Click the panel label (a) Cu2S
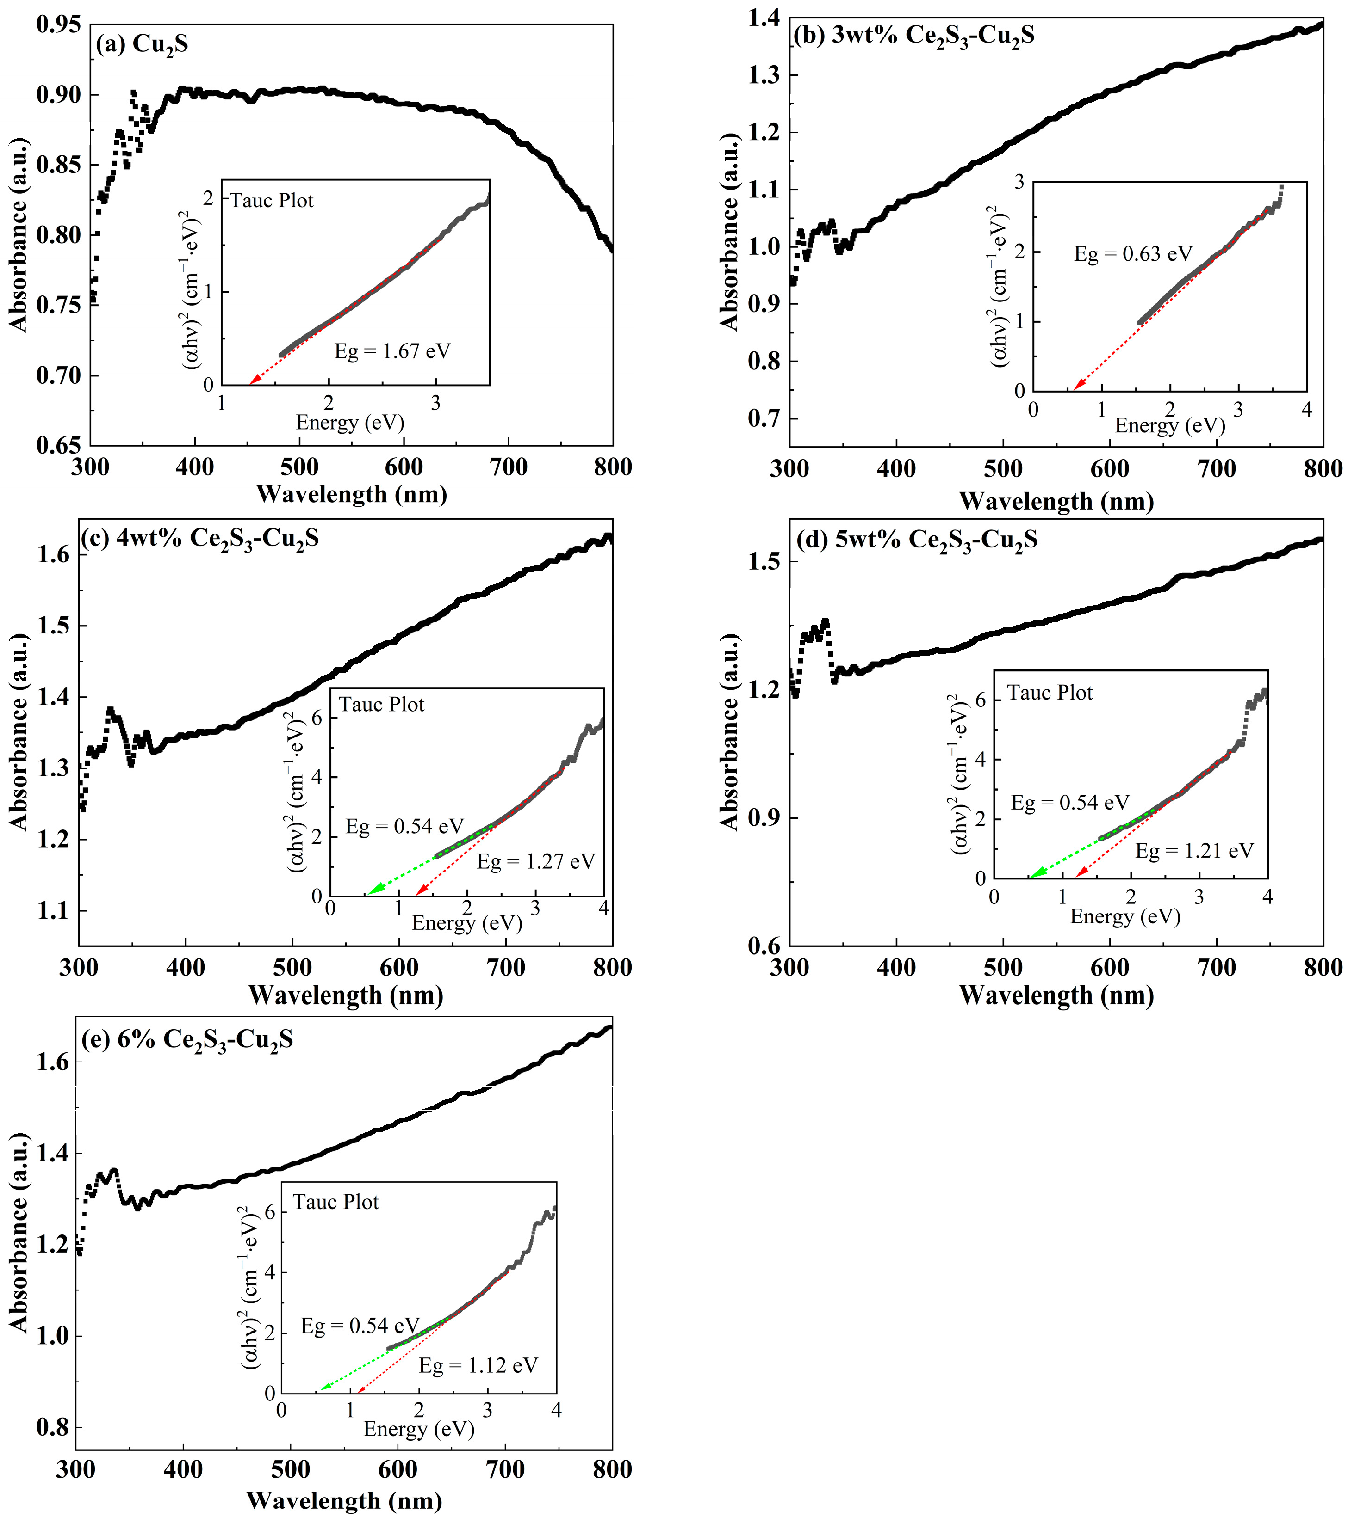(142, 45)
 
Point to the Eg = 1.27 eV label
(536, 862)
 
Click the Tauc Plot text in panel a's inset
(272, 201)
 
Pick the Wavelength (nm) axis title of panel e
(344, 1501)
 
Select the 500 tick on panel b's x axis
(1003, 469)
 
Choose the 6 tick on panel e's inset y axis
(269, 1212)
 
